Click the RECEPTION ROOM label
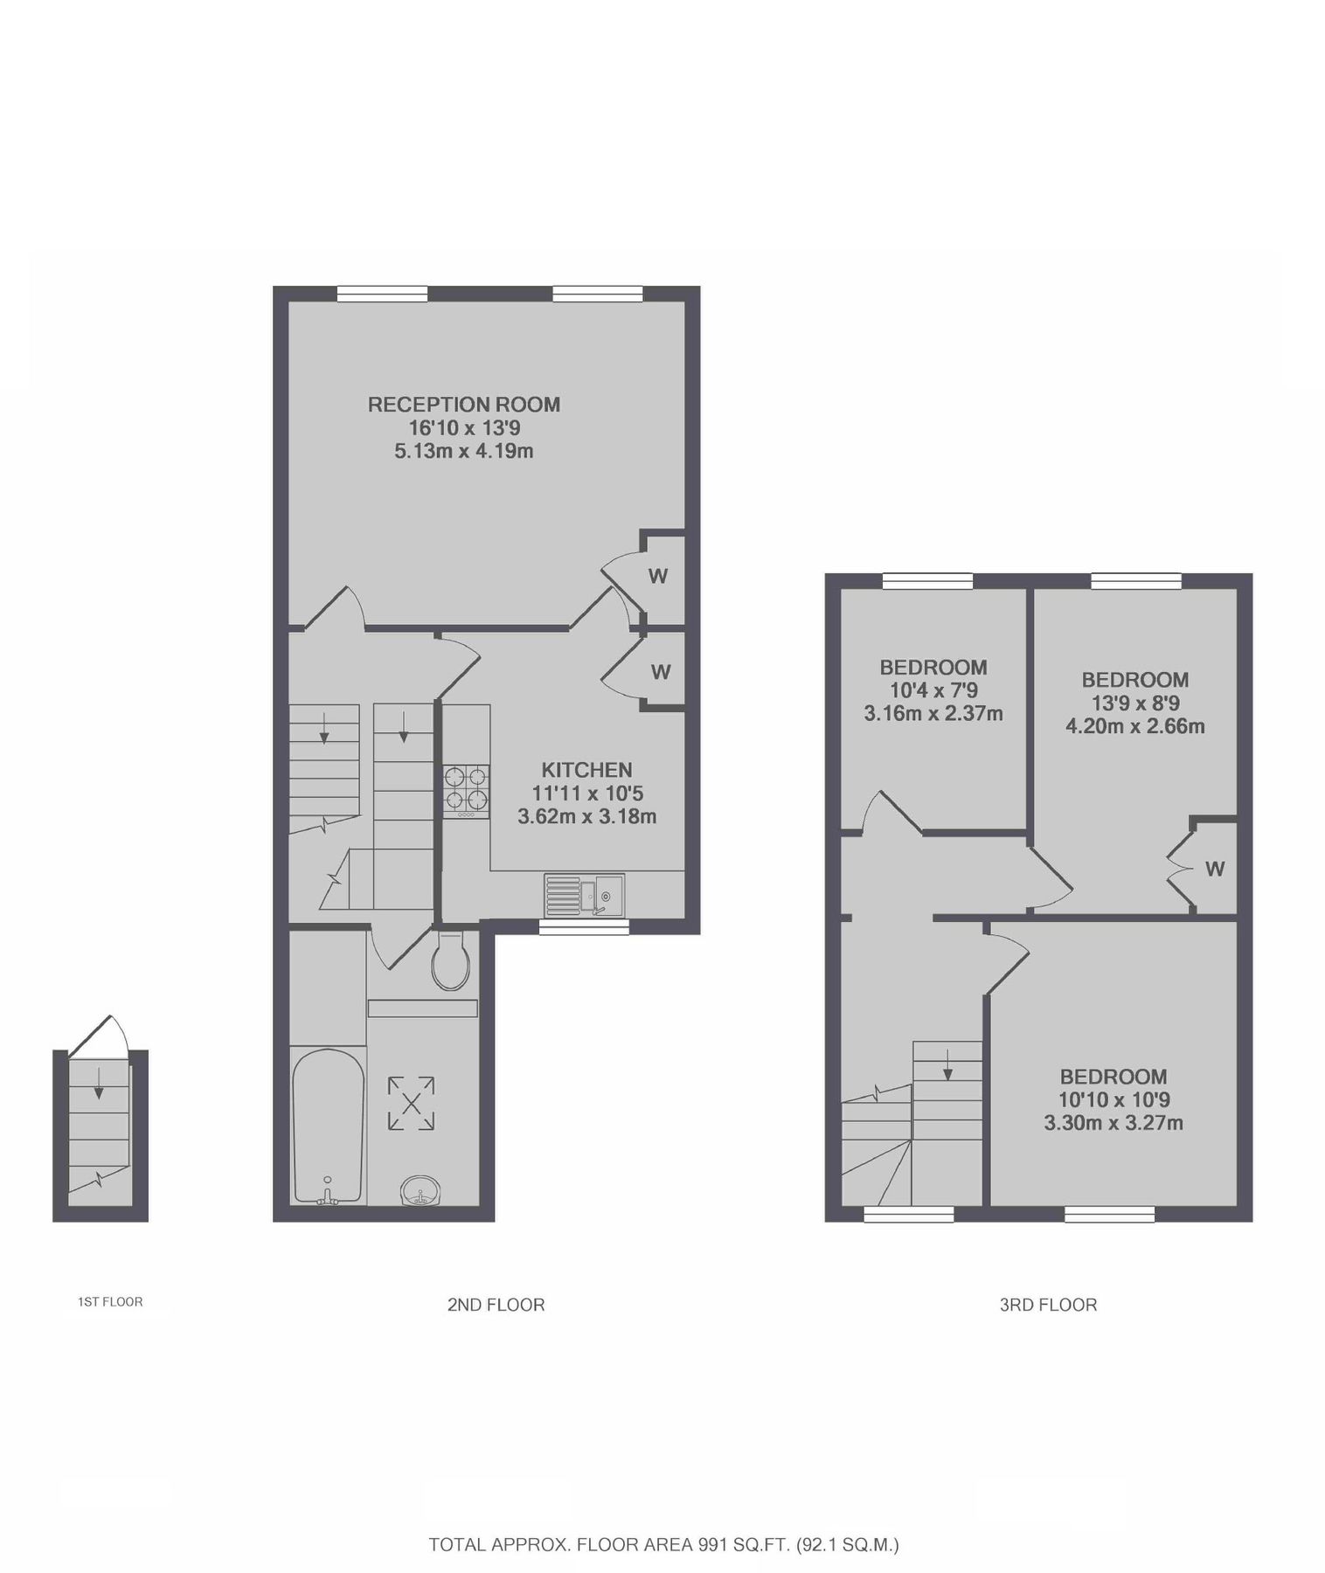(463, 405)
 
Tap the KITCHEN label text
(586, 770)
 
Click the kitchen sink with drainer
(584, 895)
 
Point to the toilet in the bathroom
(451, 960)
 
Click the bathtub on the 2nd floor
(328, 1126)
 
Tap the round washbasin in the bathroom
(421, 1190)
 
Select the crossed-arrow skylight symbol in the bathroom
(411, 1104)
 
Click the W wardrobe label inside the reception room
(658, 576)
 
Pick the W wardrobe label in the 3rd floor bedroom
(1215, 869)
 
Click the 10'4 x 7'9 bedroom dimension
(933, 690)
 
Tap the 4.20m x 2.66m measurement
(1134, 726)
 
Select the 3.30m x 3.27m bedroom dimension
(1113, 1123)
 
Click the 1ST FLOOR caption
(110, 1302)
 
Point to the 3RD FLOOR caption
(1048, 1305)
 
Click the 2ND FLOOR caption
(496, 1305)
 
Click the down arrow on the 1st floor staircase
(98, 1083)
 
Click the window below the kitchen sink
(583, 927)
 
